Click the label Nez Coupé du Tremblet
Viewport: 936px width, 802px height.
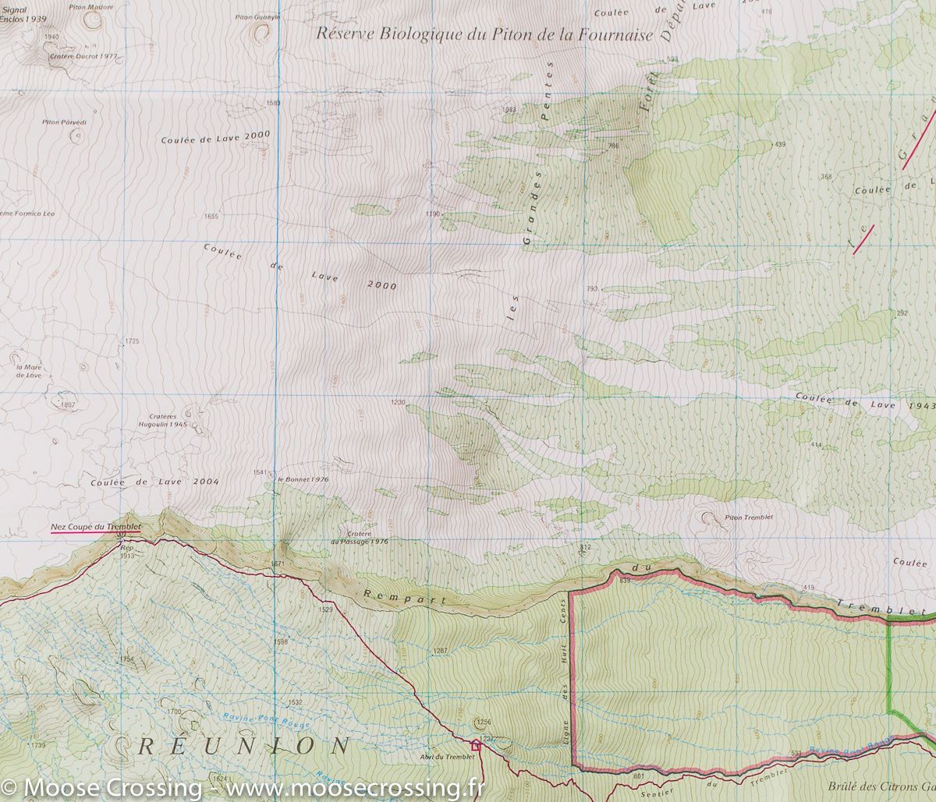point(95,528)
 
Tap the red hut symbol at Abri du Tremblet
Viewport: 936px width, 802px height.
point(476,745)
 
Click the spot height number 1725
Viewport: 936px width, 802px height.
point(132,341)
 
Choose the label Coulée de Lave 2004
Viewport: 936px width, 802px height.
point(154,482)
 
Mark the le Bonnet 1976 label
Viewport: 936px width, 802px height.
point(303,479)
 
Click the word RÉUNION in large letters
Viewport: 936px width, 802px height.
point(243,746)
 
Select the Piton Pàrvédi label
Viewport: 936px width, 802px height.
point(64,122)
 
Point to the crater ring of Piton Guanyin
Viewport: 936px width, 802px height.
point(259,31)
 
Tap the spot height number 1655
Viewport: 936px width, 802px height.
point(211,216)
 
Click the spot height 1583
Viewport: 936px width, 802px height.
point(273,103)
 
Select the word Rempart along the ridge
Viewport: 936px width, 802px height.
point(406,597)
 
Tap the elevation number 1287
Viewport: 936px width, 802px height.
point(441,650)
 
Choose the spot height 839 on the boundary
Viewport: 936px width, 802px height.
point(625,581)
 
